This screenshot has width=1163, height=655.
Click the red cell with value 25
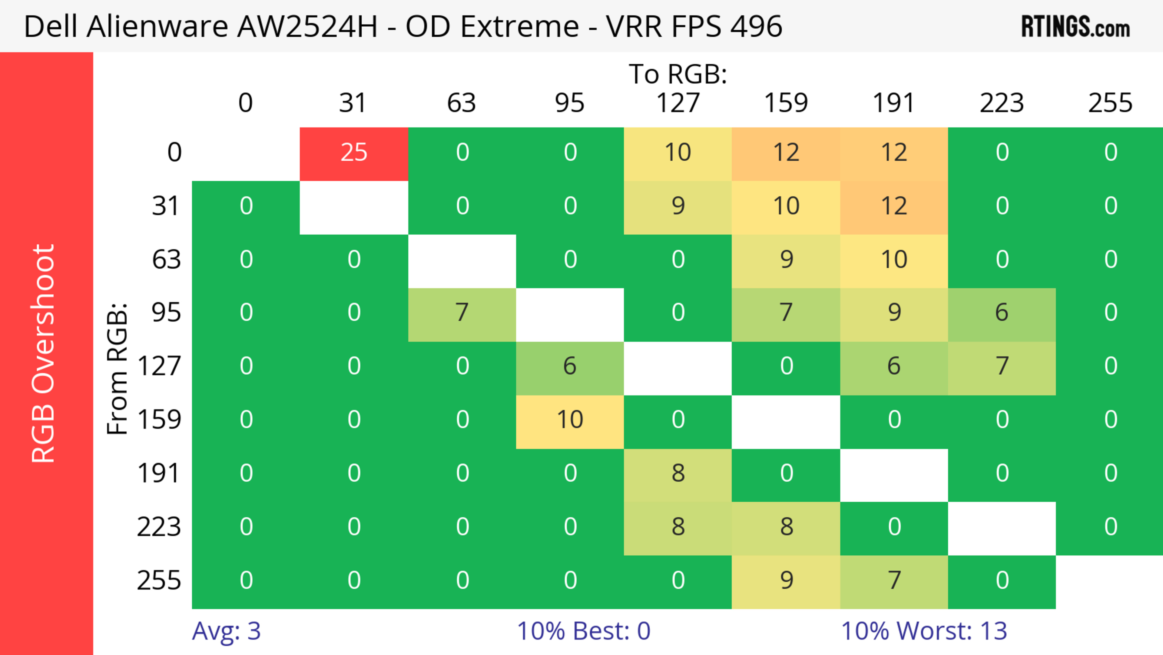click(354, 153)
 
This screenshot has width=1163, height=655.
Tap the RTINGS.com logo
click(1075, 27)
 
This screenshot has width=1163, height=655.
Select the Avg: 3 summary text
click(226, 631)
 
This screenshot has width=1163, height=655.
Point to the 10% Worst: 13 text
click(924, 631)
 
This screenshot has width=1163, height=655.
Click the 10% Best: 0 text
click(583, 631)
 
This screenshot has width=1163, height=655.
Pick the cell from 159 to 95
click(570, 420)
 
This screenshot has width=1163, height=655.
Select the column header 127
click(678, 103)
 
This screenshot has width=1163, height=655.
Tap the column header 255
click(1110, 103)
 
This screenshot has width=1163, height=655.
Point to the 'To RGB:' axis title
click(678, 74)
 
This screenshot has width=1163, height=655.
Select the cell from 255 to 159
click(786, 580)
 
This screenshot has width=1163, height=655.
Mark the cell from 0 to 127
click(678, 153)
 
